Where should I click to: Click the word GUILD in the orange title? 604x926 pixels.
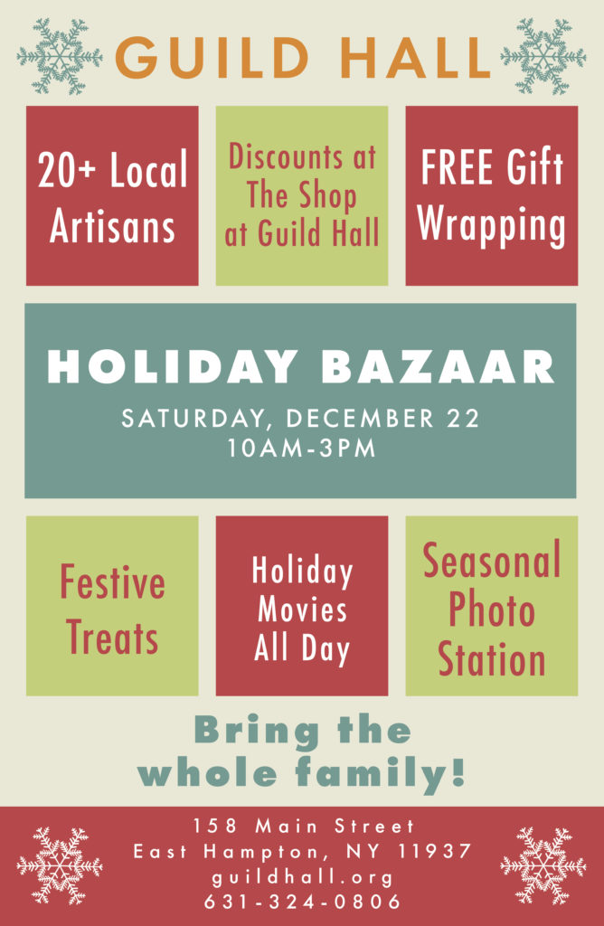[x=214, y=57]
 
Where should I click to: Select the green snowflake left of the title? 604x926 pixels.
[x=60, y=56]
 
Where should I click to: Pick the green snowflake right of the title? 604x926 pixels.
[x=543, y=56]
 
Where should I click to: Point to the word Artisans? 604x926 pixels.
[x=112, y=226]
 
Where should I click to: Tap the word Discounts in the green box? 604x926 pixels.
[x=302, y=157]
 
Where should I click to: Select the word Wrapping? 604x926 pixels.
[x=491, y=226]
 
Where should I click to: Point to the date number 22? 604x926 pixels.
[x=461, y=419]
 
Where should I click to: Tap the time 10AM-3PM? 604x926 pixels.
[x=302, y=449]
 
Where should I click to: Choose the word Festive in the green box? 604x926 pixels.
[x=112, y=583]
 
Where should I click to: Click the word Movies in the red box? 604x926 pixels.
[x=302, y=609]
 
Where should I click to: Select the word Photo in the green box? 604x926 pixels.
[x=491, y=611]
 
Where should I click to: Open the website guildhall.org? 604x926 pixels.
[x=302, y=876]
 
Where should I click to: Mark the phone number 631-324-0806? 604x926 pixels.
[x=302, y=902]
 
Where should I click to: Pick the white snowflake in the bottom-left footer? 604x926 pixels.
[x=60, y=865]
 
